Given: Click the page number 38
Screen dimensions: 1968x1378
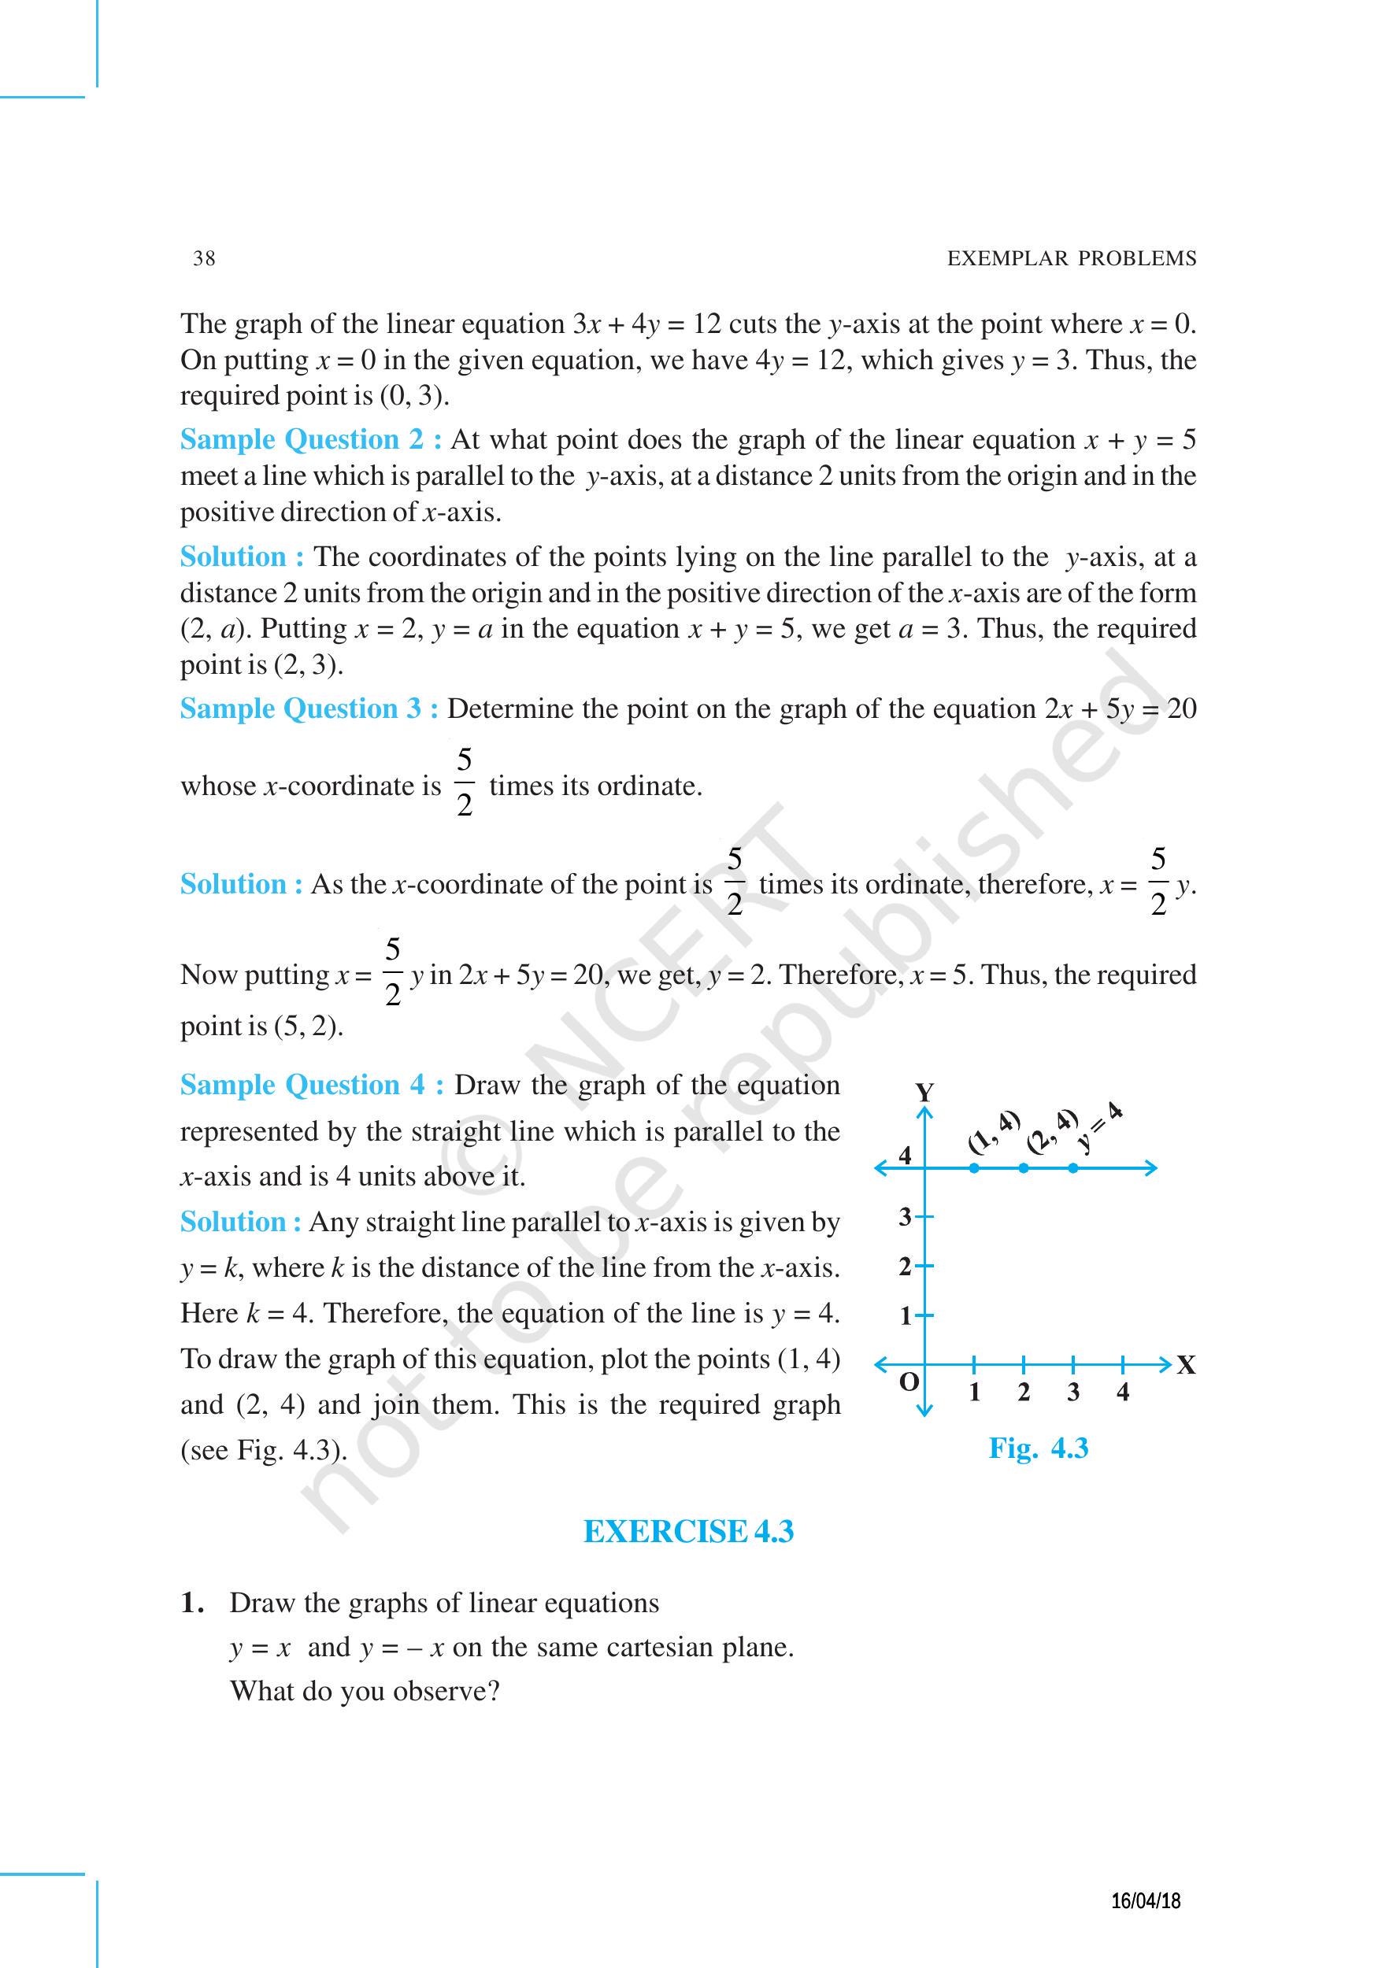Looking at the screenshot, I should (204, 258).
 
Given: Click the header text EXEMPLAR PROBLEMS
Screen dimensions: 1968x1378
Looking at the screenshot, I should (1071, 258).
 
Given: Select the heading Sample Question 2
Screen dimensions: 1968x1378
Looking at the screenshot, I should (310, 440).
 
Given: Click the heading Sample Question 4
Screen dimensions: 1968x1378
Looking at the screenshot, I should (311, 1085).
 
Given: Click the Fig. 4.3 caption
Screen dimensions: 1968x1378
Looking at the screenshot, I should (1038, 1448).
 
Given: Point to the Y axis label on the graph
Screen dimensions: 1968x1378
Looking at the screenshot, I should (924, 1093).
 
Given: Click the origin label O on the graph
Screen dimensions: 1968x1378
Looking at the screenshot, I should (909, 1381).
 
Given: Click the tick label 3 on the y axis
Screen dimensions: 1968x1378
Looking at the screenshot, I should (905, 1216).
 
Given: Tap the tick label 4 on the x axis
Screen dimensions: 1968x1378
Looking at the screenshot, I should (1122, 1393).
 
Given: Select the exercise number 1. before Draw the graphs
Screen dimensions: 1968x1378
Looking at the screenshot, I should (192, 1603).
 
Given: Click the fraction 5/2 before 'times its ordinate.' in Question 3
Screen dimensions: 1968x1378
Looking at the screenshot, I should (464, 782).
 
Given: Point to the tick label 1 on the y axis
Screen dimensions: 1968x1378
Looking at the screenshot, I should (905, 1315).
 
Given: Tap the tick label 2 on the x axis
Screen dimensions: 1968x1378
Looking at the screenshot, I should (1024, 1393).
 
